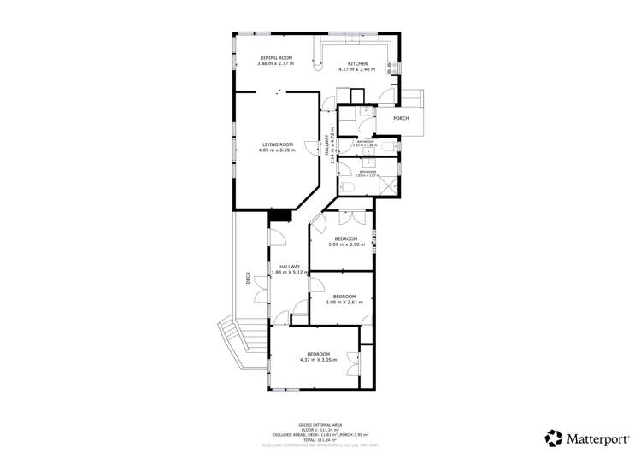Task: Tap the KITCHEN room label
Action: [357, 63]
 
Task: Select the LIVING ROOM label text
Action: [277, 145]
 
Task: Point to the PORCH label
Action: [400, 118]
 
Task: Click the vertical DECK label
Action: [248, 277]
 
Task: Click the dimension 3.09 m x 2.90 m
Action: [346, 245]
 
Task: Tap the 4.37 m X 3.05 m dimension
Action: [318, 360]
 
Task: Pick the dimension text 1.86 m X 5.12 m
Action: [289, 273]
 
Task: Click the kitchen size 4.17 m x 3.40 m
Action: [357, 69]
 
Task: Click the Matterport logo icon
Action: [554, 437]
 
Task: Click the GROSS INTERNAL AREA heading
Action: [320, 423]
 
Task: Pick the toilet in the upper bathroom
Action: [387, 147]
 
